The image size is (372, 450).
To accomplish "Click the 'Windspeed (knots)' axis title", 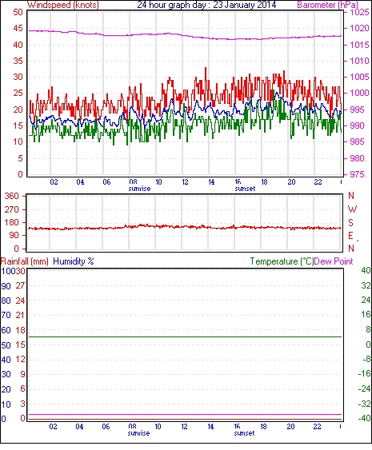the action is (63, 5).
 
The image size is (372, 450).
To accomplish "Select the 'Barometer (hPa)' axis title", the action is (327, 5).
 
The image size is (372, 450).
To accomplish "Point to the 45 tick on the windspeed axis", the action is (18, 29).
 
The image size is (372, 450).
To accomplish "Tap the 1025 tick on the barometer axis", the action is (359, 12).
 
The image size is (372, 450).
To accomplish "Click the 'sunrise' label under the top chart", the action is (139, 189).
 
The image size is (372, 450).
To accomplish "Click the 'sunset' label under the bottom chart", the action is (244, 432).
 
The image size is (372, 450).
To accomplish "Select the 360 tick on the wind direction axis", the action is (11, 197).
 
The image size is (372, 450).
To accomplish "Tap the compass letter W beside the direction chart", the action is (352, 209).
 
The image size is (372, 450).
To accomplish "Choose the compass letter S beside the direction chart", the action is (350, 222).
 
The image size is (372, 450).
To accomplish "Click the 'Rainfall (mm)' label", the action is (25, 261).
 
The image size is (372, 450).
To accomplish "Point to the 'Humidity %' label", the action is (74, 261).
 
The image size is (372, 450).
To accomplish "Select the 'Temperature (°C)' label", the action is (282, 261).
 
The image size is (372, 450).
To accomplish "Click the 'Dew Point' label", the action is (334, 261).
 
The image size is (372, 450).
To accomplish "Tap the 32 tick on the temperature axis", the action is (366, 285).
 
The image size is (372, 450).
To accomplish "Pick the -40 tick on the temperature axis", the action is (364, 418).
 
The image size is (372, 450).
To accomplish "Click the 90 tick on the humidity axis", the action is (6, 286).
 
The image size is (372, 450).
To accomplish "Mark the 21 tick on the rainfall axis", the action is (20, 316).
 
